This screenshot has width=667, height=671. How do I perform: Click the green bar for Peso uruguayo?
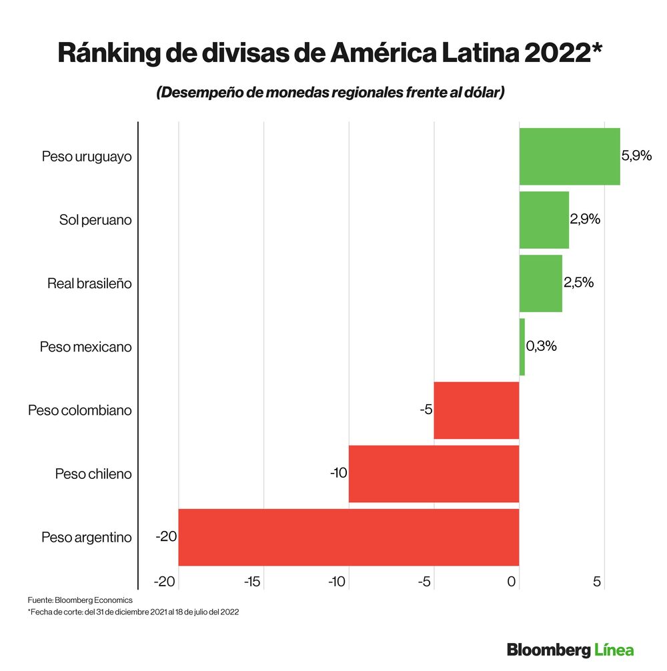click(570, 156)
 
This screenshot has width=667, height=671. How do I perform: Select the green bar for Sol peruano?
click(544, 219)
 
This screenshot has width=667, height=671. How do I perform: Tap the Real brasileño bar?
click(540, 283)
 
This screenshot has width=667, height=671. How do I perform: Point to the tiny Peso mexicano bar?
click(522, 346)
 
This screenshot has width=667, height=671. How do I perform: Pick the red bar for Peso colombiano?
click(476, 410)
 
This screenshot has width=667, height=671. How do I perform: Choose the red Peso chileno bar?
click(434, 474)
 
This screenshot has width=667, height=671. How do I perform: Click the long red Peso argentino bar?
click(348, 537)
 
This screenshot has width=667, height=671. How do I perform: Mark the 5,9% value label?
click(636, 156)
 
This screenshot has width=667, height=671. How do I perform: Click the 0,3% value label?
click(541, 346)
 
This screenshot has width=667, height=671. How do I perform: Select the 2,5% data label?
click(578, 283)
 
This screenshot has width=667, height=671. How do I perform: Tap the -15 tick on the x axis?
click(252, 582)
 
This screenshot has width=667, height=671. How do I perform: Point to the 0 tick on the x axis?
click(512, 582)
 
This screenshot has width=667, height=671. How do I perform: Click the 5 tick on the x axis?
click(598, 582)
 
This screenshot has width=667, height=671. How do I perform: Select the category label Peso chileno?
click(93, 474)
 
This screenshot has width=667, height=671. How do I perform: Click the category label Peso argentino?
click(86, 538)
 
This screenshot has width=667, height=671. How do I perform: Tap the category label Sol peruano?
click(95, 220)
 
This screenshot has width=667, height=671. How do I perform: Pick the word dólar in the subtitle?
click(479, 93)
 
